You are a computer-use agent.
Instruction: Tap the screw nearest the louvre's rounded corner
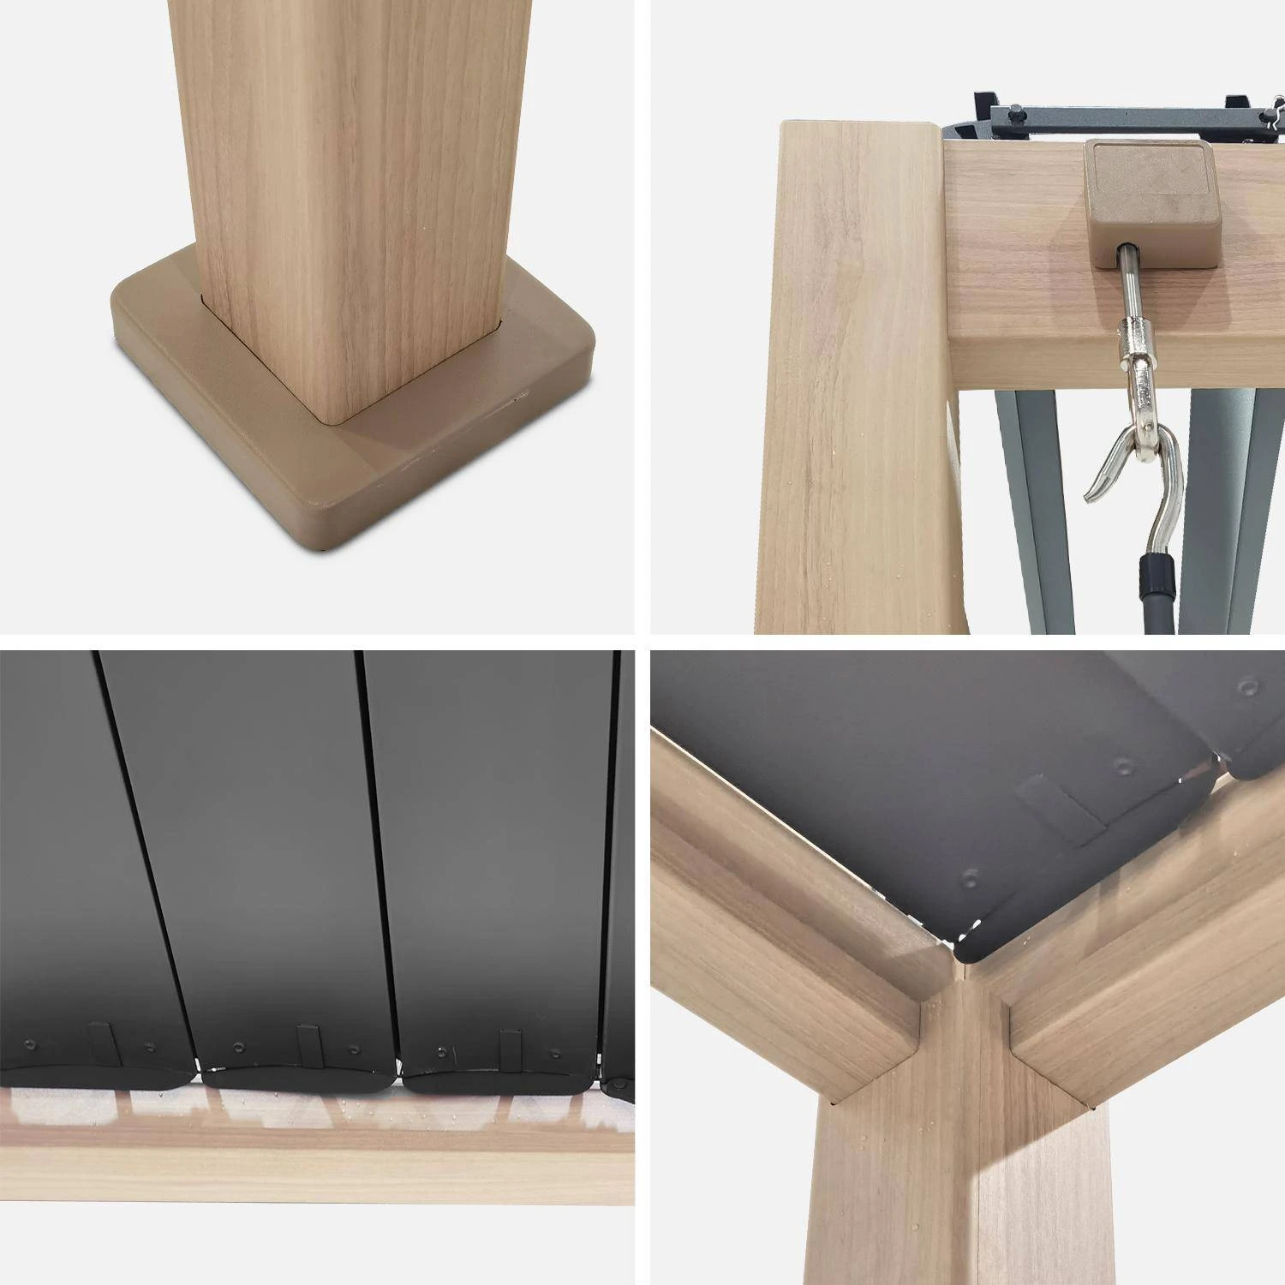click(x=971, y=878)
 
